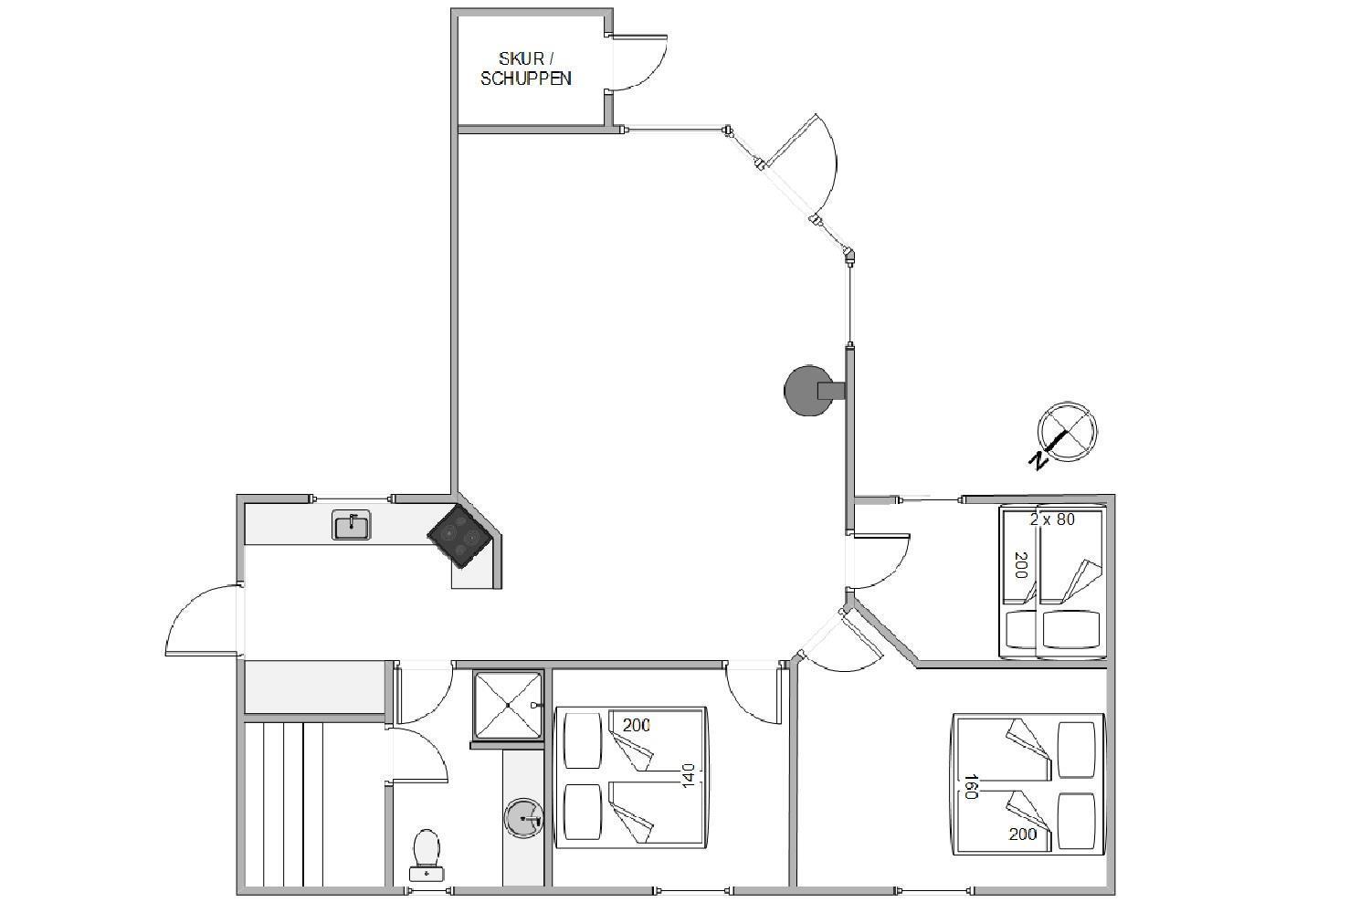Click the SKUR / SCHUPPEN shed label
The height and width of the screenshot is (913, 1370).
[x=525, y=68]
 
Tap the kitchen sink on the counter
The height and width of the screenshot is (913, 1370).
[x=351, y=525]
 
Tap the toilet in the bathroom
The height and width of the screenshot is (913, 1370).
[x=427, y=855]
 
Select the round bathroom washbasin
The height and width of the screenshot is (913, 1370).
[x=523, y=816]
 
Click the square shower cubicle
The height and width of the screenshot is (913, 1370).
[x=508, y=705]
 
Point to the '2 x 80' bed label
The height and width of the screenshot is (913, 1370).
[x=1052, y=519]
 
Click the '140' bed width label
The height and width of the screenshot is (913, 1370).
[x=688, y=775]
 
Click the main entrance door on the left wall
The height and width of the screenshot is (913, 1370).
[x=202, y=619]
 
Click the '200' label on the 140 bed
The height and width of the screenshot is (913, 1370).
[x=636, y=725]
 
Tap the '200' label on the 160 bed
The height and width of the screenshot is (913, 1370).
[x=1023, y=834]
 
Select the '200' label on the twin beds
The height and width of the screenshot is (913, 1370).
[x=1021, y=565]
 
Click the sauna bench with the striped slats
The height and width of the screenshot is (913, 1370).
[x=284, y=803]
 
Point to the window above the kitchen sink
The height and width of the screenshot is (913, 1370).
[x=352, y=498]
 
